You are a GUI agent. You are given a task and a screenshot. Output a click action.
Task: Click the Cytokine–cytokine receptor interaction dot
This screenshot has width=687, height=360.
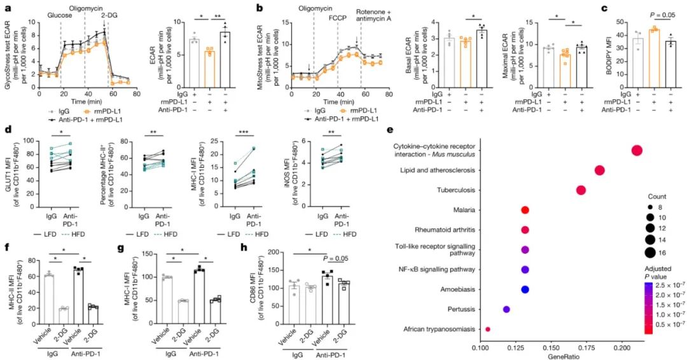(637, 150)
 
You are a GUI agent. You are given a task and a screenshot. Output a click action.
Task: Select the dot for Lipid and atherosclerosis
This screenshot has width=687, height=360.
(599, 170)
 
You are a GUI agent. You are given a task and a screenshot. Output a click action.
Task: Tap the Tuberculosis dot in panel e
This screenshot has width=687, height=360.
(580, 190)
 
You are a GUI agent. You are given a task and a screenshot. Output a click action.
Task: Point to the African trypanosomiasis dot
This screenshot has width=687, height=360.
(487, 329)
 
